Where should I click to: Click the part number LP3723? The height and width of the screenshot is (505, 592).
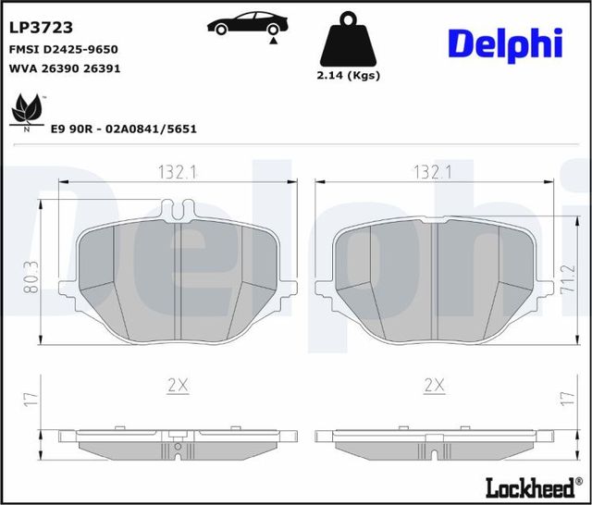point(41,29)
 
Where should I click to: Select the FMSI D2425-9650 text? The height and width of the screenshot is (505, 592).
point(63,49)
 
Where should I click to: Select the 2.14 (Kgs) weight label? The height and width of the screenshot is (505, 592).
point(348,76)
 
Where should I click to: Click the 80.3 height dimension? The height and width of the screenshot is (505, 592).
point(30,277)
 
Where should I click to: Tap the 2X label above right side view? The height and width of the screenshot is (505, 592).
point(432,386)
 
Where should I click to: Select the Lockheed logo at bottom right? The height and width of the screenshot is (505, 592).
point(528,486)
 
